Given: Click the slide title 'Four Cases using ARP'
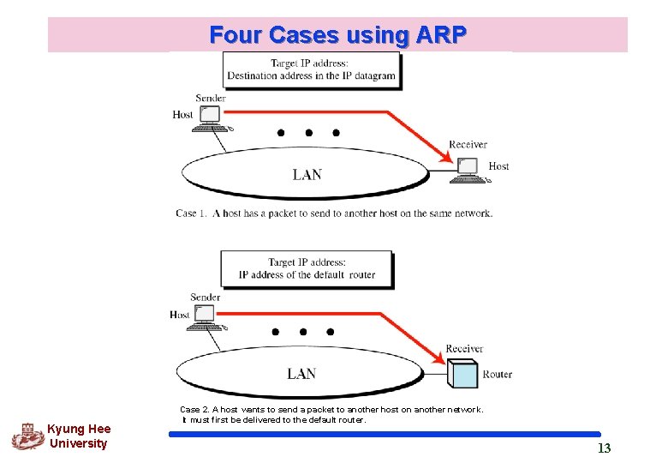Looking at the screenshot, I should click(337, 35).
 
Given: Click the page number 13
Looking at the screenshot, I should click(604, 448).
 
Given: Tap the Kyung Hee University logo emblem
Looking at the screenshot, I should click(27, 436).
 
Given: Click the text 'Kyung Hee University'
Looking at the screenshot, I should click(79, 436).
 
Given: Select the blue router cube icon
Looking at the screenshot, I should click(462, 374).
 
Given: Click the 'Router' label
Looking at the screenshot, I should click(497, 374).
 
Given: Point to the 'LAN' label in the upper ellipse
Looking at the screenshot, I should click(307, 174).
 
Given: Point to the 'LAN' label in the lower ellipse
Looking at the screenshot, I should click(301, 373).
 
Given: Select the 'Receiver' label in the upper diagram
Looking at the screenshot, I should click(468, 144).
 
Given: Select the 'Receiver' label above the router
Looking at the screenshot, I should click(464, 348).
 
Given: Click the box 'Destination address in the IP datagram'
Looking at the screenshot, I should click(311, 69).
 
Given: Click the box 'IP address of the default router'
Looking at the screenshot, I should click(307, 268).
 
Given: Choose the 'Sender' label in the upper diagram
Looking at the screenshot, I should click(210, 98).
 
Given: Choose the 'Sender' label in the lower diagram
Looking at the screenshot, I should click(206, 297).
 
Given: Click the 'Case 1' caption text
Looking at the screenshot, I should click(334, 213).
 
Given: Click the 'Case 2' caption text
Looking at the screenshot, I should click(331, 414).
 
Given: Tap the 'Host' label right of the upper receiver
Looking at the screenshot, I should click(498, 165).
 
